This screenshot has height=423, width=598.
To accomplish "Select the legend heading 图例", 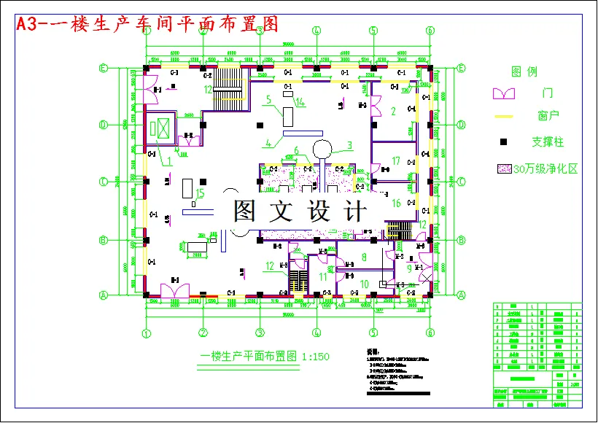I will coord(524,71).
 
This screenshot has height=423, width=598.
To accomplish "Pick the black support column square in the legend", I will coord(503,141).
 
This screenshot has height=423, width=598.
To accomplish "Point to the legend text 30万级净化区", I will coord(545,168).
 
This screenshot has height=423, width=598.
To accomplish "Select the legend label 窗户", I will coord(548,116).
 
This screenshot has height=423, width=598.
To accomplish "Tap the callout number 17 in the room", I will coord(396,160).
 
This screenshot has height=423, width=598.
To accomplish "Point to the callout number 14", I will coord(300,103).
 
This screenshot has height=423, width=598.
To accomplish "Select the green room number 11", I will coord(323,277).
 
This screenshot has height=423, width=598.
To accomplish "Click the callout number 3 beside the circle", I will coord(349,145).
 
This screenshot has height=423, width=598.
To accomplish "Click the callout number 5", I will coord(268,99).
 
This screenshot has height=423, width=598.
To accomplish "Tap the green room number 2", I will coord(393,112).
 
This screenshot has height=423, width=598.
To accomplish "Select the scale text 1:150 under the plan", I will coord(314,357).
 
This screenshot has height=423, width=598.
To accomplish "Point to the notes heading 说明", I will coord(372,352).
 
